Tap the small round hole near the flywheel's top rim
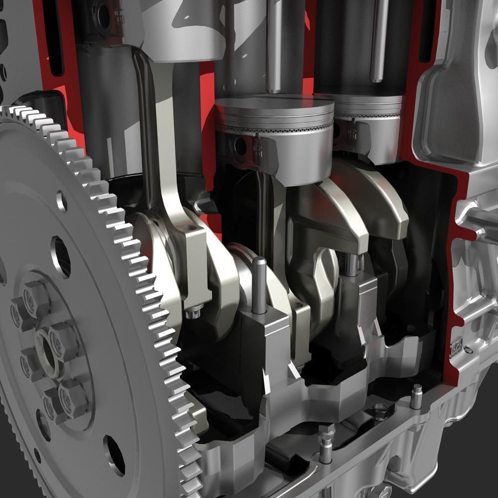click(x=62, y=201)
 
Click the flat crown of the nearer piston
click(x=274, y=107)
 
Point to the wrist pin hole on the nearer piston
click(x=240, y=145)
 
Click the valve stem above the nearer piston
click(x=274, y=45)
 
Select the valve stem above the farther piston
click(x=378, y=40)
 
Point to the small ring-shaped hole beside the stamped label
click(x=468, y=350)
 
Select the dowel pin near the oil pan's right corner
click(x=416, y=396)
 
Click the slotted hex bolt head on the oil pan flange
click(x=380, y=411)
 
